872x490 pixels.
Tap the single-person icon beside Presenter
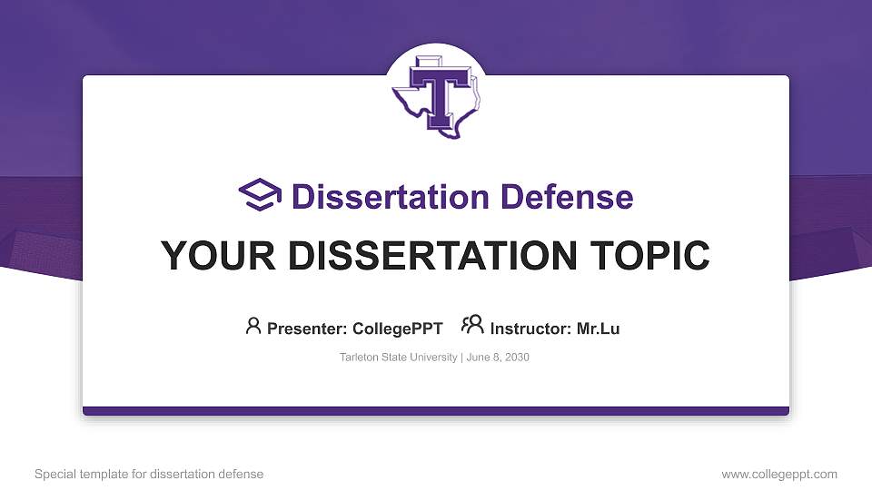(253, 326)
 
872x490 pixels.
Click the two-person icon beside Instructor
(472, 326)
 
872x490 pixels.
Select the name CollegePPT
(399, 328)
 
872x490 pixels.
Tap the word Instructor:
(531, 328)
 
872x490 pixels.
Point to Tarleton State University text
(399, 358)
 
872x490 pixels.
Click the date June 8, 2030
(498, 358)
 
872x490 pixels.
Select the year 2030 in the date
(515, 358)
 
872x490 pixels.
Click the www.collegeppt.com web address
(779, 474)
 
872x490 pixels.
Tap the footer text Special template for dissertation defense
(149, 474)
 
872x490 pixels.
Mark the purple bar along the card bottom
(436, 411)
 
